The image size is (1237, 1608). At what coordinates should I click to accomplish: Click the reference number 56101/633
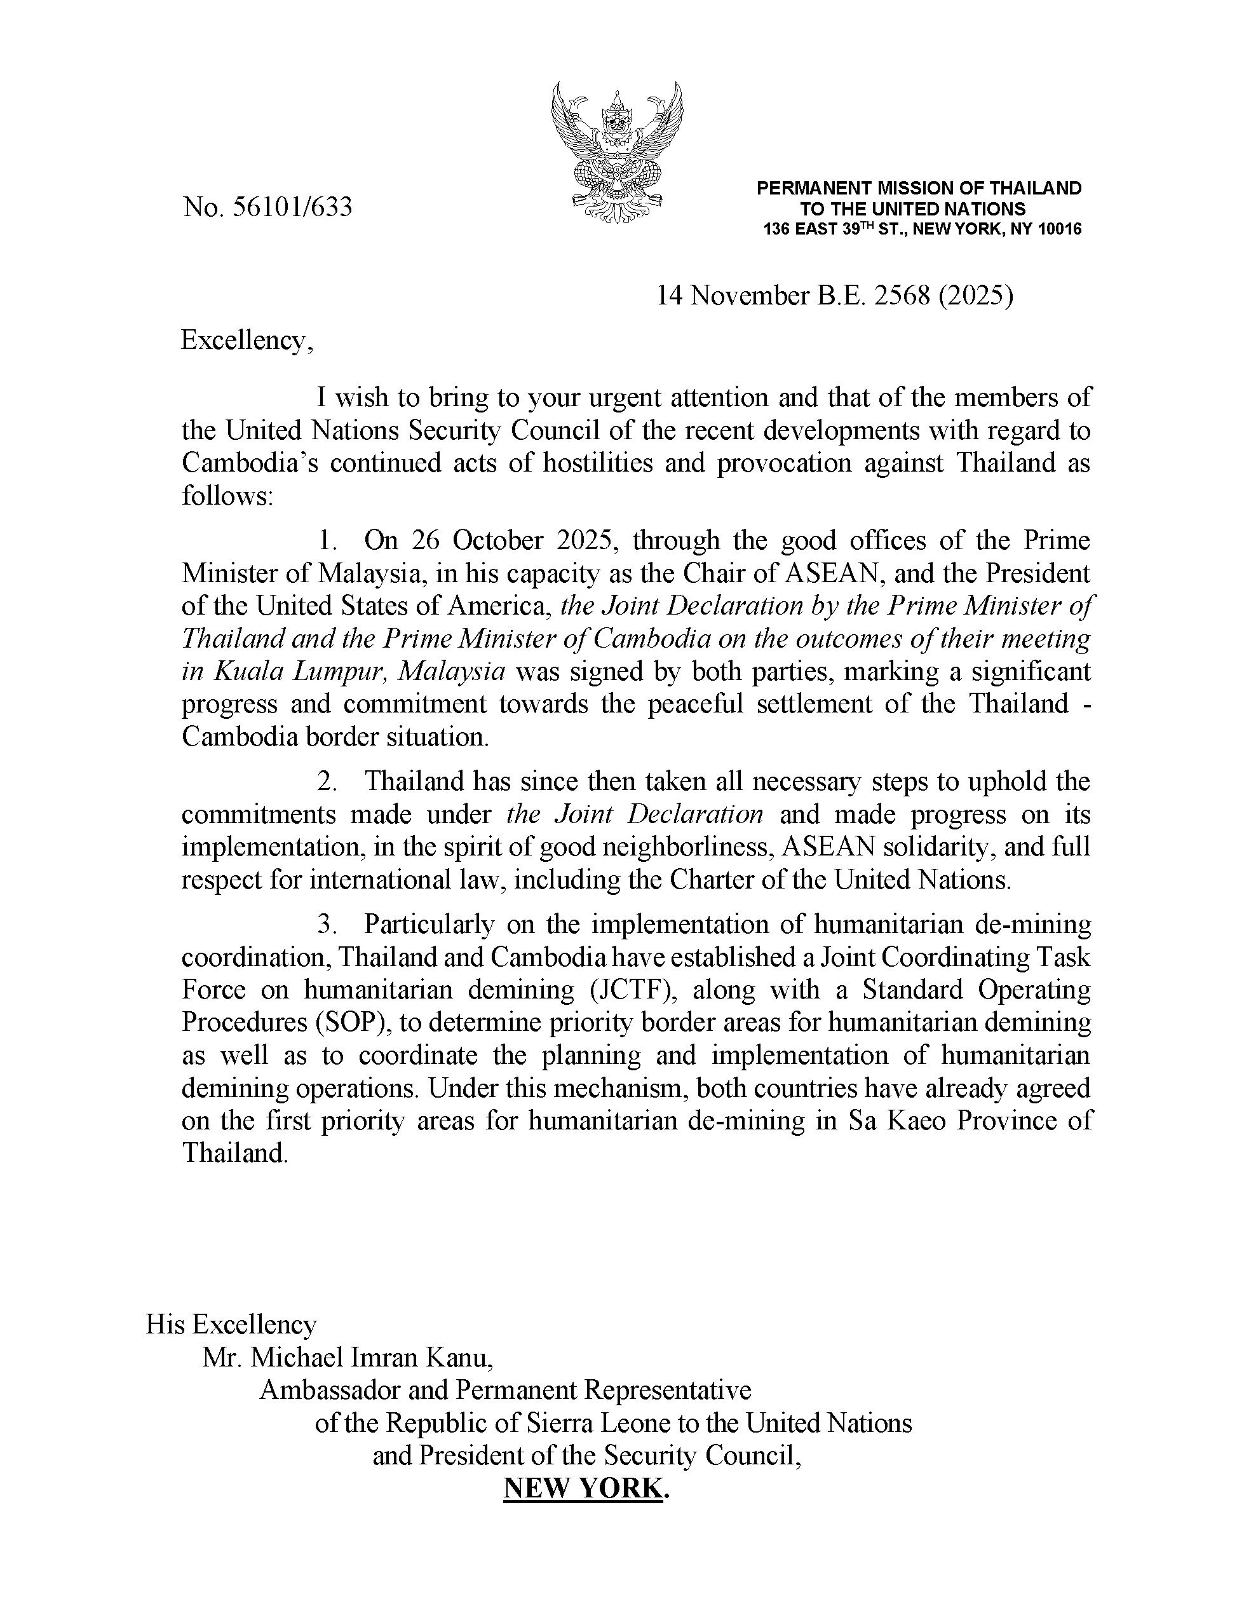pos(292,208)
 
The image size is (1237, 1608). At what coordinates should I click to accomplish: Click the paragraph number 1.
pos(326,540)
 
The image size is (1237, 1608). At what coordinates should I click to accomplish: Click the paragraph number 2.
pos(326,781)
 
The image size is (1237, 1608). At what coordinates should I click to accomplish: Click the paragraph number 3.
pos(326,924)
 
